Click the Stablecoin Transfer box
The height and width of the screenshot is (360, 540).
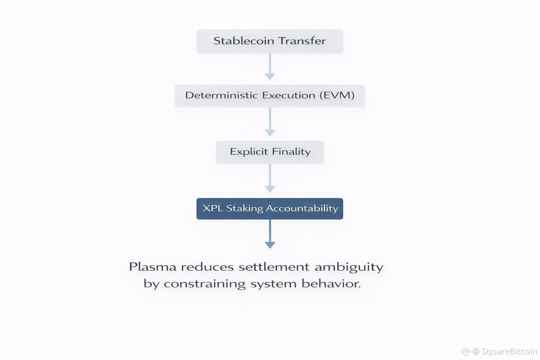[270, 41]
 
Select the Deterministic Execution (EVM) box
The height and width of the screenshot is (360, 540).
[270, 96]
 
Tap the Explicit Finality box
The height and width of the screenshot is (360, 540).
[270, 152]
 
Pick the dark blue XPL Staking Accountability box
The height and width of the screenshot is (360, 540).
[270, 208]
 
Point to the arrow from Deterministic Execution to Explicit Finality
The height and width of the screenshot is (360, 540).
[270, 122]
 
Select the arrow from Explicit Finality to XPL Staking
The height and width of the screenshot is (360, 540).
[270, 179]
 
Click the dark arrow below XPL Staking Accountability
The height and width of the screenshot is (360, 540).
[270, 235]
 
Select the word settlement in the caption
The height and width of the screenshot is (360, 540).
[274, 267]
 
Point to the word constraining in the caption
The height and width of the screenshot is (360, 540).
[205, 284]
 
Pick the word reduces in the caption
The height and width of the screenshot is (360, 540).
[207, 267]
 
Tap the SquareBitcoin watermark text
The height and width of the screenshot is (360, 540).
[509, 351]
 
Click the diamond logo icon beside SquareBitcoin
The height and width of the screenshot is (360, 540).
[465, 351]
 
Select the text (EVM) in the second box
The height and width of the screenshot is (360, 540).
[337, 95]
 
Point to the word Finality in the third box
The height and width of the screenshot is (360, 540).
[291, 152]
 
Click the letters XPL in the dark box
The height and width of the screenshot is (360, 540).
[213, 208]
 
